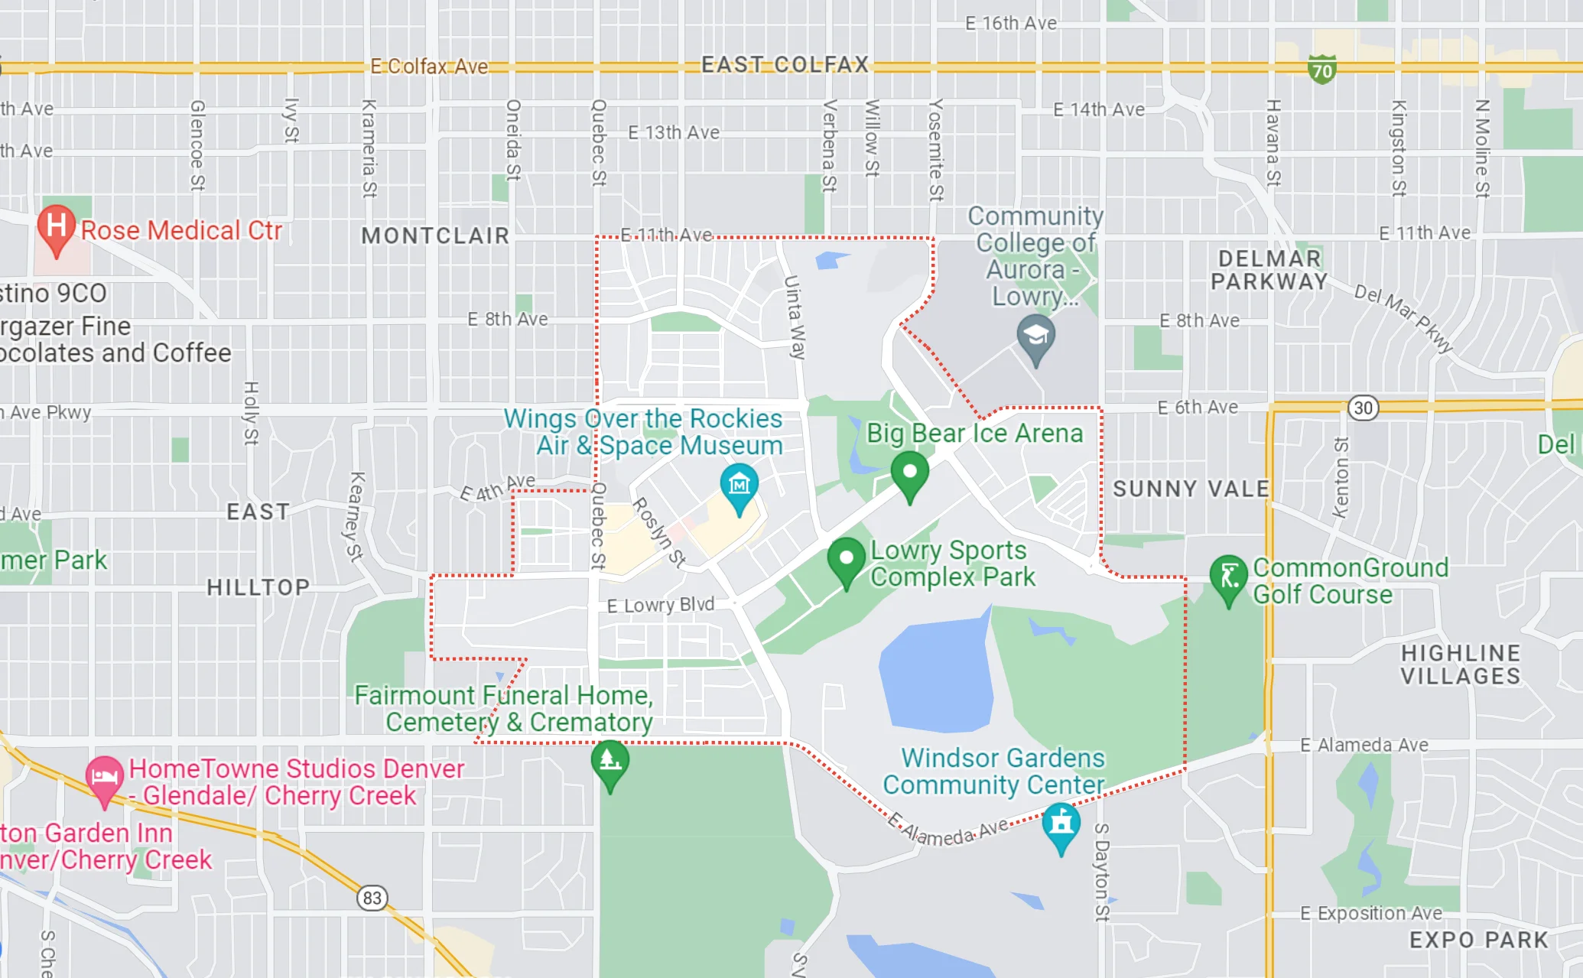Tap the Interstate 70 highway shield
[x=1321, y=70]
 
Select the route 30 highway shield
[x=1363, y=408]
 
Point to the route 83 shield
[x=372, y=897]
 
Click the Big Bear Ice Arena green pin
[x=909, y=473]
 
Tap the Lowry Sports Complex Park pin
[x=846, y=559]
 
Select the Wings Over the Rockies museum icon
[x=739, y=486]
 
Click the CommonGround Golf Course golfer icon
[x=1228, y=577]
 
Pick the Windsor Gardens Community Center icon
[x=1061, y=824]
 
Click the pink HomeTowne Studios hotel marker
[x=104, y=777]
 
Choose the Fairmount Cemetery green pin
[x=609, y=762]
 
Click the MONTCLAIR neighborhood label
[x=435, y=236]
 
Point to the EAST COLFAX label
[x=785, y=64]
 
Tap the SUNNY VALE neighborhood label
[x=1191, y=489]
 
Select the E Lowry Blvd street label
[x=661, y=605]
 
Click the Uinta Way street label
[x=795, y=317]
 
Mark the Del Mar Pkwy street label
[x=1403, y=318]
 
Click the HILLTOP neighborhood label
[x=258, y=587]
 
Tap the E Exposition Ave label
[x=1370, y=913]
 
